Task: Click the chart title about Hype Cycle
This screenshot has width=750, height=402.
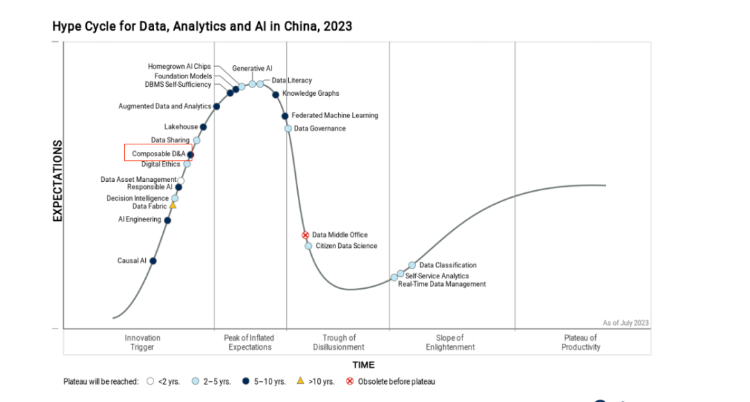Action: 202,27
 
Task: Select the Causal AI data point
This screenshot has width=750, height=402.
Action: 153,261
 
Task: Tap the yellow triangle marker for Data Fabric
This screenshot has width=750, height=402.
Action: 173,206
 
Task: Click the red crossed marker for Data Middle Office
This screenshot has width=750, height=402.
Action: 305,235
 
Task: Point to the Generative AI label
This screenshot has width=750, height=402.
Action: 252,69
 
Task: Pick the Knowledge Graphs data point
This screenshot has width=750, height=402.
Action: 276,94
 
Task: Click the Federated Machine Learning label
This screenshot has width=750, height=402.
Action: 335,115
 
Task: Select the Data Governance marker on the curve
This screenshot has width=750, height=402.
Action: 287,128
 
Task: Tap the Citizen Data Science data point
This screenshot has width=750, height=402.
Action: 308,246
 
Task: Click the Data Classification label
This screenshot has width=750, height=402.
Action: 448,265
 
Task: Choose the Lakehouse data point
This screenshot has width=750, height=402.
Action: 203,127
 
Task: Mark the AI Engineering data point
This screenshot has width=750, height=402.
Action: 167,220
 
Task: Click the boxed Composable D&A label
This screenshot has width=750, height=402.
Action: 158,153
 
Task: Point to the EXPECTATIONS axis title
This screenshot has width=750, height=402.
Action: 58,181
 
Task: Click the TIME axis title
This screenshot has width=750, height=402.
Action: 362,365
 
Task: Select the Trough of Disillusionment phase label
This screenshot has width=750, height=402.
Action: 338,342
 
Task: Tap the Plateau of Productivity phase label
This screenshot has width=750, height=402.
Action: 581,342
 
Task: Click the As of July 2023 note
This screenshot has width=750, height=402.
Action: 626,323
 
